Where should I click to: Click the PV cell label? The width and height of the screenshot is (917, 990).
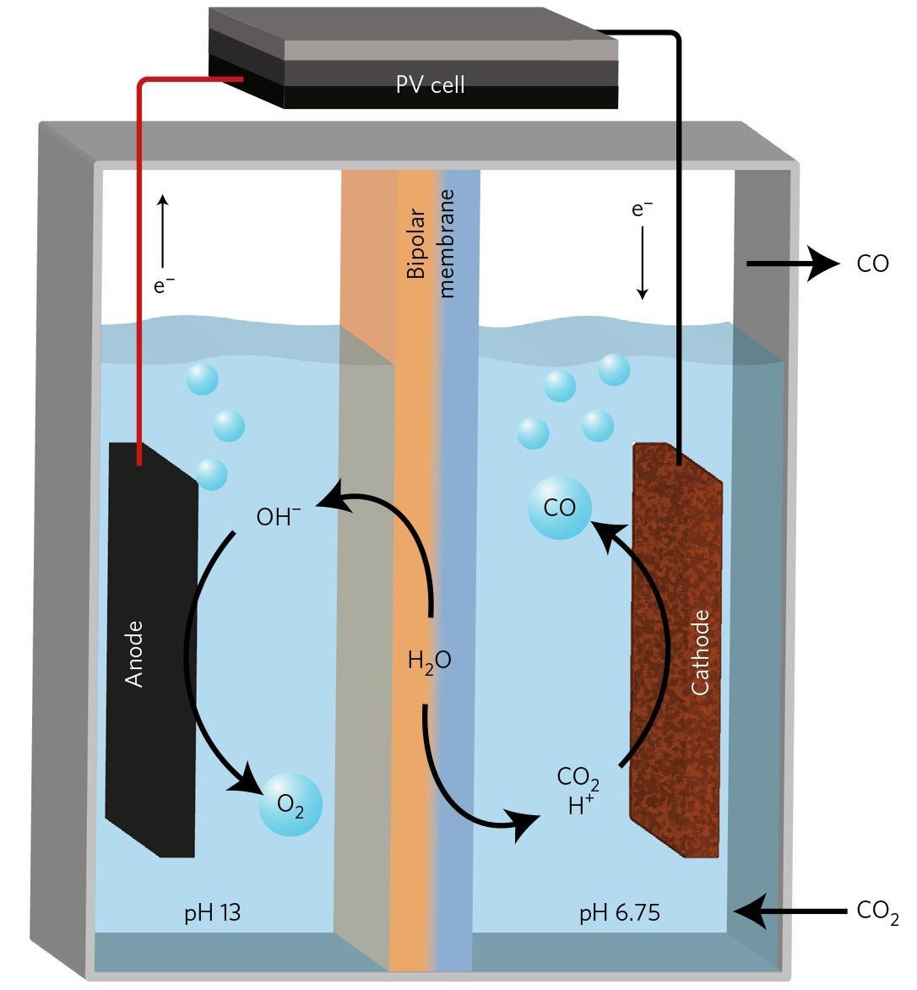tap(430, 84)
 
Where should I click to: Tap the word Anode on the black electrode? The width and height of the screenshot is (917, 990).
tap(134, 654)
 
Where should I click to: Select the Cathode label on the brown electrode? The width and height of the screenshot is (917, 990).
tap(700, 652)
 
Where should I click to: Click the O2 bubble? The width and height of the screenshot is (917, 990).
tap(290, 805)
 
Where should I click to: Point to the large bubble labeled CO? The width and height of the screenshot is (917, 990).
tap(559, 508)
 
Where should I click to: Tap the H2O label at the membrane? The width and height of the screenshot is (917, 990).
tap(429, 661)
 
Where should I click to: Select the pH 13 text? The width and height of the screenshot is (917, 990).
tap(213, 912)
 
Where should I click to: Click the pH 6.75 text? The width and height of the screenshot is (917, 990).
tap(619, 912)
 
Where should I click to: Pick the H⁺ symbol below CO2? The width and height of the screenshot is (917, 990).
tap(580, 806)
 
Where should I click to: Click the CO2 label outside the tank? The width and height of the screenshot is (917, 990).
tap(877, 911)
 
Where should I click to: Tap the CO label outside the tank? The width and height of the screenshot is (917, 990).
tap(872, 264)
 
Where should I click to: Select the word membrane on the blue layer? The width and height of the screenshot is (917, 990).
tap(447, 242)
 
